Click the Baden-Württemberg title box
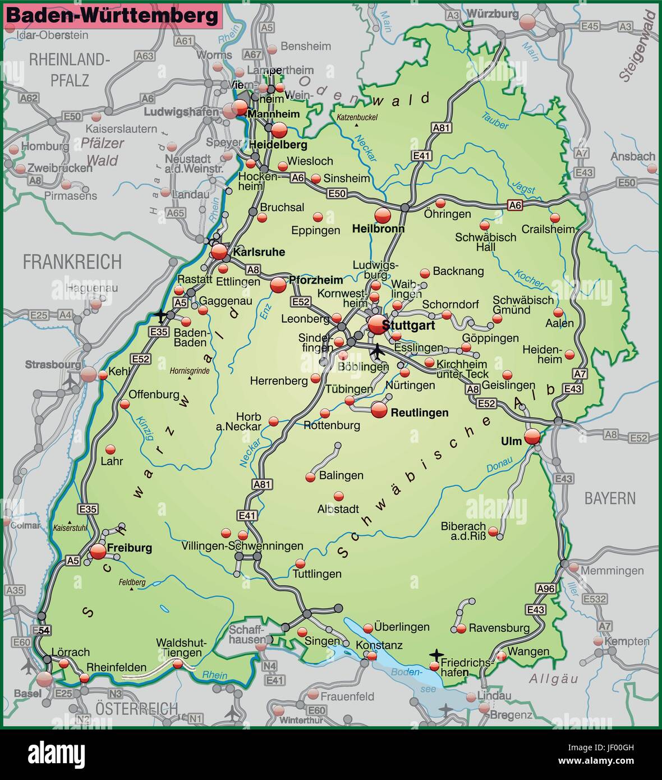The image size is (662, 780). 113,16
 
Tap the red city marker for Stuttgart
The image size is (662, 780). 377,324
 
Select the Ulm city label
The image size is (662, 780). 511,442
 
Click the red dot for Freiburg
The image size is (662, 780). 98,551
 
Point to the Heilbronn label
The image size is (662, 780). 378,229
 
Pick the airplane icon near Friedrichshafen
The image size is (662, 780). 436,654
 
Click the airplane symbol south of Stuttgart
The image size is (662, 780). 378,352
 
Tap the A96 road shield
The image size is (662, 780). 545,589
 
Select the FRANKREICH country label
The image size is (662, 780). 72,261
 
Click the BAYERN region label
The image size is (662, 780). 610,498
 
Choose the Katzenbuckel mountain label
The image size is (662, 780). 357,117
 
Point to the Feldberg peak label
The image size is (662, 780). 132,582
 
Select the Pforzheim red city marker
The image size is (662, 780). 278,286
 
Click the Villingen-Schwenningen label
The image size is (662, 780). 242,546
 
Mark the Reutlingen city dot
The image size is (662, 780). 379,410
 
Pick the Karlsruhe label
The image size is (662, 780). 259,252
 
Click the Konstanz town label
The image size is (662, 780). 379,645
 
